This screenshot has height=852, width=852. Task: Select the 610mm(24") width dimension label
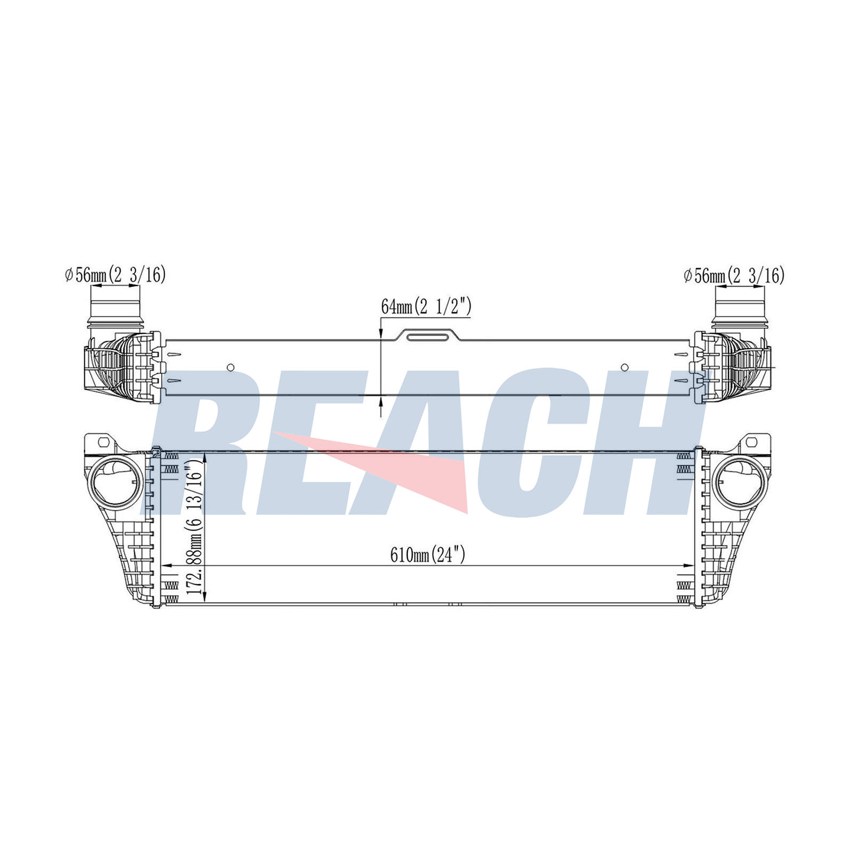click(428, 555)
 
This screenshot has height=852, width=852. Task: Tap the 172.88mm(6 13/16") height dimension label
click(195, 528)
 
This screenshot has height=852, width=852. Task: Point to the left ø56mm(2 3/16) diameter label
click(116, 275)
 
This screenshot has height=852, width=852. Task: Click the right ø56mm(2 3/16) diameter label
click(734, 275)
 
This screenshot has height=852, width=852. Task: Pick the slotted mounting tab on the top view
click(429, 337)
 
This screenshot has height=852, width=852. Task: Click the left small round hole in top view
click(231, 367)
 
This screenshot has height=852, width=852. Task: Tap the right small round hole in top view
click(625, 367)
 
